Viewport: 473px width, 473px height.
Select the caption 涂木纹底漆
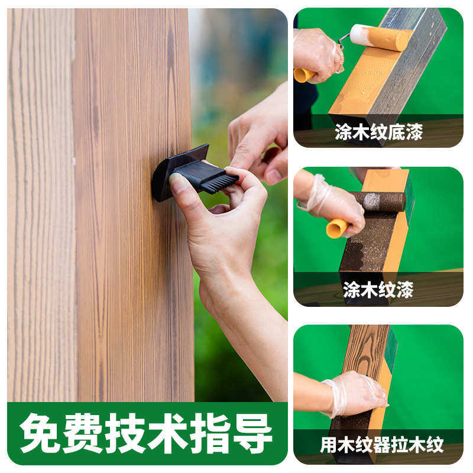tap(378, 132)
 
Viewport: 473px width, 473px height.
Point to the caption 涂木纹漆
tap(378, 289)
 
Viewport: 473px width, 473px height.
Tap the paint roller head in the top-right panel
tap(381, 37)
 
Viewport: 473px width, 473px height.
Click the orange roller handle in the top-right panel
tap(304, 75)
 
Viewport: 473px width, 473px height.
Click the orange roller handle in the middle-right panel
tap(336, 228)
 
